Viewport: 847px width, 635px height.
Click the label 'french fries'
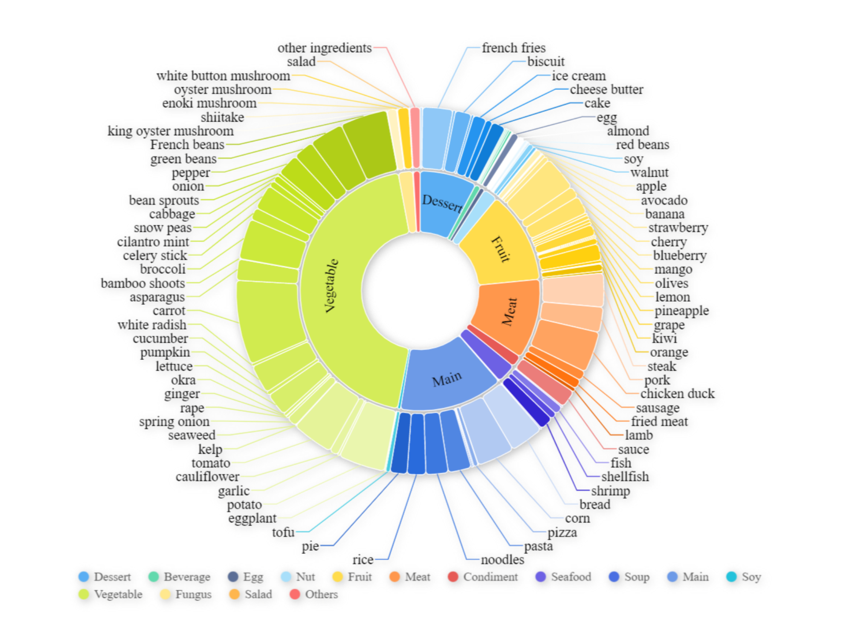(x=513, y=48)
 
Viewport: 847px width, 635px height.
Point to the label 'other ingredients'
(x=324, y=48)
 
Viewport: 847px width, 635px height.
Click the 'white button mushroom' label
(x=223, y=76)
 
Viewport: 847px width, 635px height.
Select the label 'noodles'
(x=502, y=560)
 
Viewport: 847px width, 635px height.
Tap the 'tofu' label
(x=283, y=532)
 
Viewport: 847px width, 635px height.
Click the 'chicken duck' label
(x=677, y=393)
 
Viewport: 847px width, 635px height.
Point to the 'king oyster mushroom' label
(x=171, y=131)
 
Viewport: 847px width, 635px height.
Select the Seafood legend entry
(x=563, y=577)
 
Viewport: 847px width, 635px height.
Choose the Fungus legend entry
(x=186, y=594)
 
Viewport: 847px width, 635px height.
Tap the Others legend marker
(x=295, y=594)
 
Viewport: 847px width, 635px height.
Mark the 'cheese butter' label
(x=606, y=90)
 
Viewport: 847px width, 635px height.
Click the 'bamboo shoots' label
(x=143, y=283)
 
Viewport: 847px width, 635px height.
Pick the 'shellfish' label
(x=625, y=477)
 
